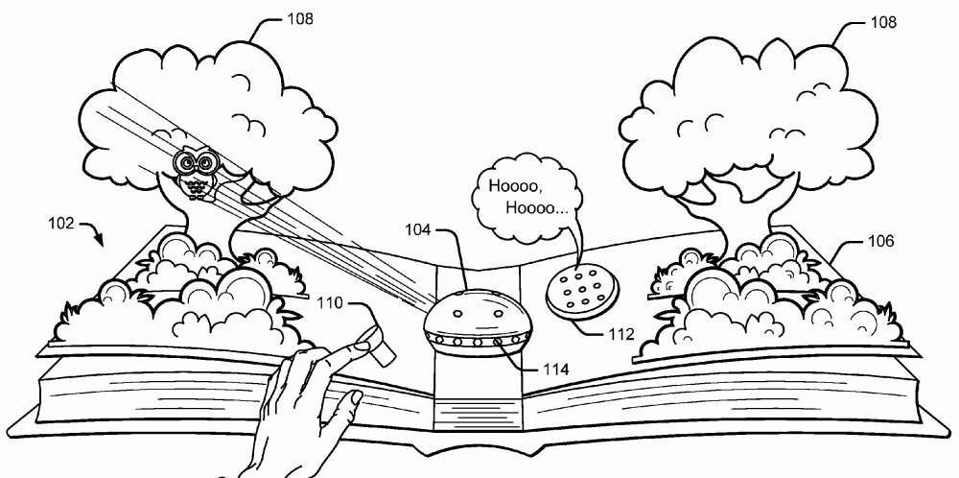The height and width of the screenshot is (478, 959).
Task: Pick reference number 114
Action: pyautogui.click(x=554, y=368)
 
